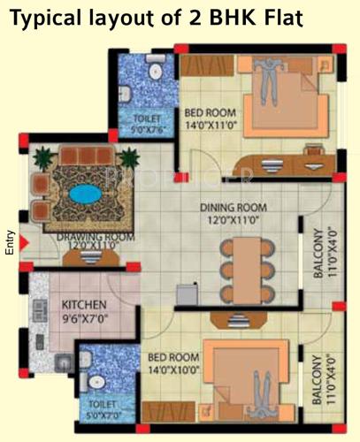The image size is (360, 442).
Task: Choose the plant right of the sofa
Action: pyautogui.click(x=130, y=159)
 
